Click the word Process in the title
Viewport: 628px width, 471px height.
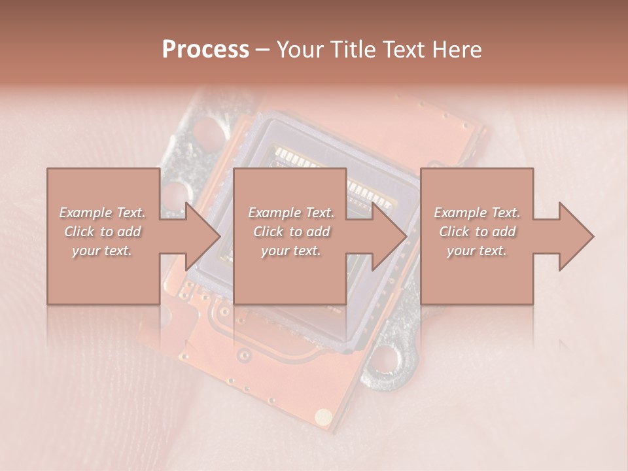(x=205, y=49)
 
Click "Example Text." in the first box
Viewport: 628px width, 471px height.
(x=103, y=213)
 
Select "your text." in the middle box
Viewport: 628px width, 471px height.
(x=290, y=251)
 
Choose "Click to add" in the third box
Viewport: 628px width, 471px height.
(x=477, y=232)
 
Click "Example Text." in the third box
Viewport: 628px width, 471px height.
(x=477, y=213)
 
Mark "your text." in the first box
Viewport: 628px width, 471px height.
(x=103, y=251)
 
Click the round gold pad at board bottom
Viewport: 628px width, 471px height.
(x=323, y=416)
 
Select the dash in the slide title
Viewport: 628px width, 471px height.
(x=263, y=50)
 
